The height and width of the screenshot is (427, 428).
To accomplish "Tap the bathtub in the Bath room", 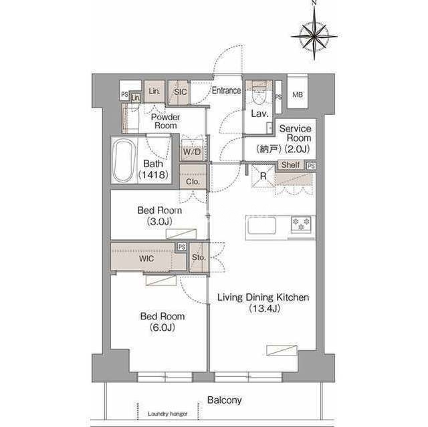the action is [x=124, y=160].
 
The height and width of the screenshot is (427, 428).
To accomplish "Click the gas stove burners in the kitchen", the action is [x=302, y=224].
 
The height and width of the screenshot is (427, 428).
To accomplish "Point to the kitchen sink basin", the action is [x=261, y=225].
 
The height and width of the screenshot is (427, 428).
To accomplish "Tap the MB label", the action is [x=297, y=95].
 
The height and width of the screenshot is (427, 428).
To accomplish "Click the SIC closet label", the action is [x=180, y=92].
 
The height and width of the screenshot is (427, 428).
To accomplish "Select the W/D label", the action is [x=192, y=152].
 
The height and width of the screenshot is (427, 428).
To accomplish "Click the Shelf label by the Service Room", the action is [x=290, y=164].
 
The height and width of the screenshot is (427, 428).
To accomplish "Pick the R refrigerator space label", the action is [x=263, y=176].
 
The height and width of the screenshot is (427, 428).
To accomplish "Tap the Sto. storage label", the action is [x=199, y=257].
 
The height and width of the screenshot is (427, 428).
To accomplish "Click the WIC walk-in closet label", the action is [x=146, y=258].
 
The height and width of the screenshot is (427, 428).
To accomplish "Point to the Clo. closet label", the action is [x=193, y=181].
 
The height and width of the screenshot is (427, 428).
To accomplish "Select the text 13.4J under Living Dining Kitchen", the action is [x=265, y=309].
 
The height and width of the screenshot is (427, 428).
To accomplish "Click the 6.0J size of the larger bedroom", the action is [x=162, y=327].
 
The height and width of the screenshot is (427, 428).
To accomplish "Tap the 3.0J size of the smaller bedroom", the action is [x=159, y=221].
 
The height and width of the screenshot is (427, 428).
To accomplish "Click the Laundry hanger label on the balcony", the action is [x=168, y=414].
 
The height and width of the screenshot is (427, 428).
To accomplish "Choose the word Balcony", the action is [x=225, y=400].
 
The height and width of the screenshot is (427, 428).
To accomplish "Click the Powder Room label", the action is [x=165, y=122].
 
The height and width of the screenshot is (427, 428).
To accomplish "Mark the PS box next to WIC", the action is [x=182, y=247].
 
